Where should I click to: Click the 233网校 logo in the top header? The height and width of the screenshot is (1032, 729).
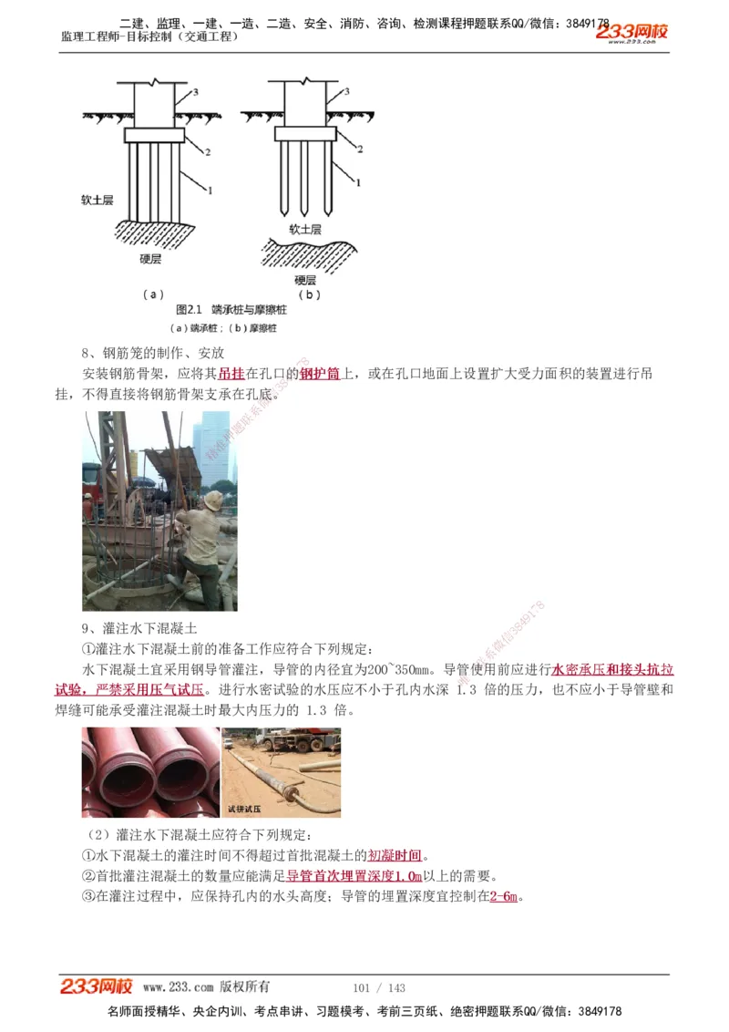pyautogui.click(x=632, y=33)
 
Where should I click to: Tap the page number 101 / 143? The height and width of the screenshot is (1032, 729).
pyautogui.click(x=378, y=987)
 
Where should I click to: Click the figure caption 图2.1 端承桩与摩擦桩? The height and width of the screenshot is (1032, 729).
pyautogui.click(x=231, y=310)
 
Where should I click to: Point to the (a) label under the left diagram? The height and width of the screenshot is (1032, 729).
pyautogui.click(x=153, y=294)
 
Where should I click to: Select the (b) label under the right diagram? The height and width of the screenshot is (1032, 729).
pyautogui.click(x=310, y=294)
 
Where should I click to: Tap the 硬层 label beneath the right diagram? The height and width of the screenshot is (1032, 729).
pyautogui.click(x=305, y=280)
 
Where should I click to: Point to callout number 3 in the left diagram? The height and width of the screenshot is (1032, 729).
pyautogui.click(x=194, y=93)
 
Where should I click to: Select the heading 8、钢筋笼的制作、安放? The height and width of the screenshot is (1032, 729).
pyautogui.click(x=153, y=353)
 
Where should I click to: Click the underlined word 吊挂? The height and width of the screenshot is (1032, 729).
pyautogui.click(x=232, y=374)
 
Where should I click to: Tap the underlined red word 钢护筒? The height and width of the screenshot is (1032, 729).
pyautogui.click(x=320, y=374)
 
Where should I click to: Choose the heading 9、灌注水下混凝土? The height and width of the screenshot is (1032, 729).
pyautogui.click(x=139, y=628)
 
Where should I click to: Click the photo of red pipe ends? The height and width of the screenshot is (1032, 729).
pyautogui.click(x=150, y=771)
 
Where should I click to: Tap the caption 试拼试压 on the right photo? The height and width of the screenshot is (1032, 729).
pyautogui.click(x=244, y=808)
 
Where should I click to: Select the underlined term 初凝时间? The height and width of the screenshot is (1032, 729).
pyautogui.click(x=395, y=855)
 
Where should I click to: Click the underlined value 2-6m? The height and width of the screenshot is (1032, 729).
pyautogui.click(x=505, y=896)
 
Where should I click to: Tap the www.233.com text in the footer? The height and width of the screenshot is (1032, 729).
pyautogui.click(x=178, y=987)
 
